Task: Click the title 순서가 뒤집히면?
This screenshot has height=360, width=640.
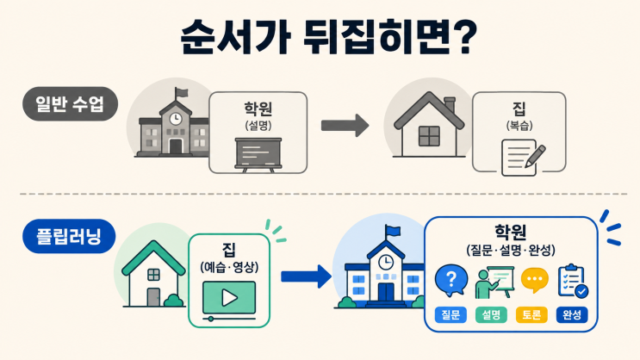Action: click(x=328, y=36)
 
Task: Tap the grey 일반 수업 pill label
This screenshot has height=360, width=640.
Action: click(x=71, y=103)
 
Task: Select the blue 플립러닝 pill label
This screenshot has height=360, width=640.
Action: click(x=69, y=236)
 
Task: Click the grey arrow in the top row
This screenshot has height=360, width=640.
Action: click(x=345, y=125)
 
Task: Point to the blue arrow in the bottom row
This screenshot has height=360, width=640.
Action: click(x=306, y=276)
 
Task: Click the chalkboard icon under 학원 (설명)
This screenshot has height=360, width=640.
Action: click(x=258, y=155)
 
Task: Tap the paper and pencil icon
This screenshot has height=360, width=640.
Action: click(x=524, y=158)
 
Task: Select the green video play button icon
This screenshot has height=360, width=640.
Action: click(x=229, y=297)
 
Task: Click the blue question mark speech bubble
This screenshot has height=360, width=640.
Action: click(x=451, y=281)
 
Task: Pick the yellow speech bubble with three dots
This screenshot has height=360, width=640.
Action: click(x=535, y=280)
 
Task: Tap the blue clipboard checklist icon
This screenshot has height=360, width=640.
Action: click(x=573, y=282)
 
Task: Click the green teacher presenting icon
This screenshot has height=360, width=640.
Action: click(x=494, y=282)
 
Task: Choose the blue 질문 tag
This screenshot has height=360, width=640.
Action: click(x=450, y=314)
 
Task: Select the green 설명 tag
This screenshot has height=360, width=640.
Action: click(x=491, y=314)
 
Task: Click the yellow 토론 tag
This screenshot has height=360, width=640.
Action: click(x=531, y=314)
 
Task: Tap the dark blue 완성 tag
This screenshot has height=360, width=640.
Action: click(x=572, y=314)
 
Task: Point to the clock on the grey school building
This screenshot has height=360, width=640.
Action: click(x=176, y=119)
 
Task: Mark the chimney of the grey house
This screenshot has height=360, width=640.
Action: click(x=450, y=105)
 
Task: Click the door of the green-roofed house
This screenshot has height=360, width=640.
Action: click(x=153, y=297)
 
